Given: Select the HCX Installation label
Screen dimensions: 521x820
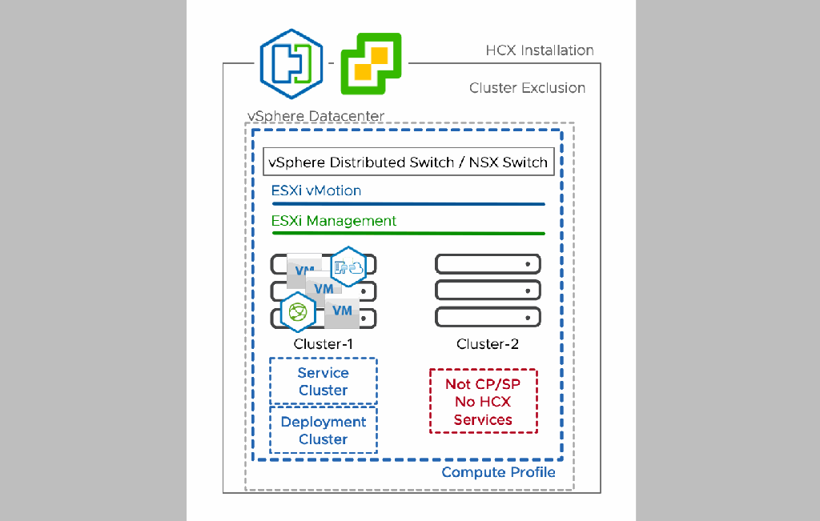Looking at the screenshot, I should coord(539,50).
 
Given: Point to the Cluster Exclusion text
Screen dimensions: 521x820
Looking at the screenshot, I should coord(527,88).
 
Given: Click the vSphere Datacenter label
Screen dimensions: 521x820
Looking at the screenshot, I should coord(316,117).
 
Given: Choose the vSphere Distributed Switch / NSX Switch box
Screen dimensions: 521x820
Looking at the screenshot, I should coord(408,162).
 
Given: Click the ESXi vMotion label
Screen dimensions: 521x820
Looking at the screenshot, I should coord(316,190).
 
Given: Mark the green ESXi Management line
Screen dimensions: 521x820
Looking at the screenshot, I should coord(408,234).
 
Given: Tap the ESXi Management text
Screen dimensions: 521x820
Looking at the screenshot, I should coord(334,221).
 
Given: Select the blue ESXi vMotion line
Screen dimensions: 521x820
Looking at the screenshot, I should coord(408,204).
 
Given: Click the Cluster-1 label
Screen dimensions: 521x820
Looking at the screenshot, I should coord(324,344).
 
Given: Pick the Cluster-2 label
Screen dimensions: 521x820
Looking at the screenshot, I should coord(488,344).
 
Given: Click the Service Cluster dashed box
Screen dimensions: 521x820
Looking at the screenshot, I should coord(324,381).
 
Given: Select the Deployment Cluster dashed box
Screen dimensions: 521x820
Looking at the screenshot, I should coord(324,431).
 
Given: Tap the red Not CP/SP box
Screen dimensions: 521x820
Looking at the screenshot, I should coord(483,402).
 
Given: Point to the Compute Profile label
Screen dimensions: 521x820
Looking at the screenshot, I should coord(498,472).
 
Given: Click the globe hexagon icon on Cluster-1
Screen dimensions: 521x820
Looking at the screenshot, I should coord(298,311).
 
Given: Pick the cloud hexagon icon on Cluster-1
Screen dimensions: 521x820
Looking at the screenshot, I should coord(348,267).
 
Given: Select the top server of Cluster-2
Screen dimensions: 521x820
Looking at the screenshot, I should coord(488,263).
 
